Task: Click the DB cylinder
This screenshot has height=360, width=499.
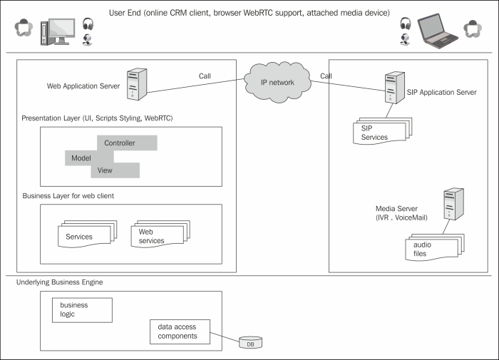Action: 250,343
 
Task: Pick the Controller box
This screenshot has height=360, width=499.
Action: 126,143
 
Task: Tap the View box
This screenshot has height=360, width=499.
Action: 115,170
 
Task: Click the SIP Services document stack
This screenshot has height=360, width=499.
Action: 379,131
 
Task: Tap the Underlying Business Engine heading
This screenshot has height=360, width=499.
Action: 59,283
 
